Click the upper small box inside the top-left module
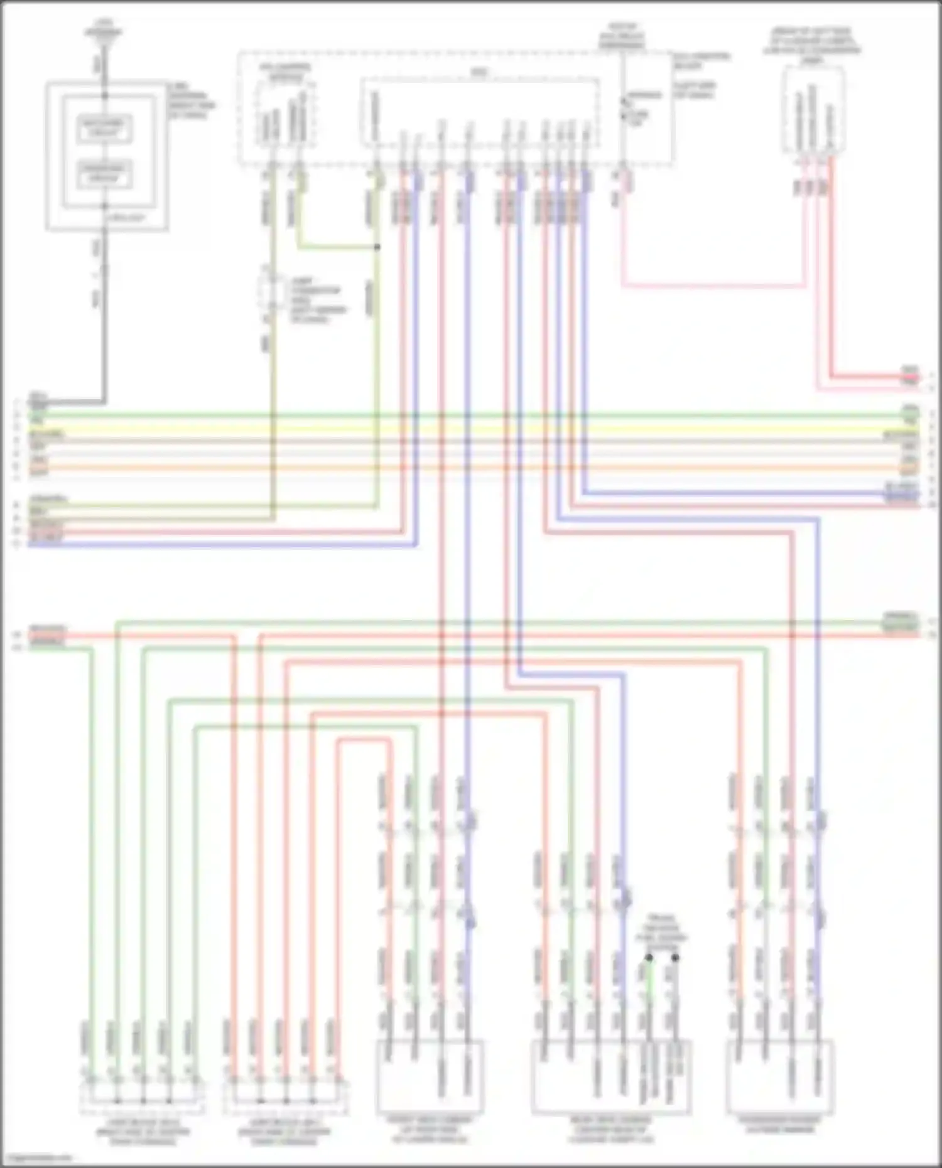point(105,129)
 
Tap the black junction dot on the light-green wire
point(377,247)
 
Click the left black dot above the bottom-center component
point(649,958)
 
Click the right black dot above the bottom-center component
point(675,958)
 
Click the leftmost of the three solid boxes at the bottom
point(430,1076)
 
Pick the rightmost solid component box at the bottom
point(779,1076)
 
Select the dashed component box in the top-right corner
point(814,110)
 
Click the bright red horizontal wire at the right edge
point(873,377)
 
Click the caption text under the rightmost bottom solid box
point(779,1125)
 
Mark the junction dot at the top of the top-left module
point(105,95)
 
